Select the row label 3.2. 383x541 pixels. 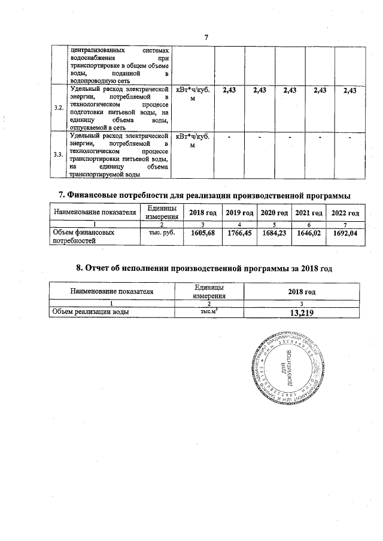pyautogui.click(x=59, y=108)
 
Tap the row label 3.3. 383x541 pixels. pyautogui.click(x=59, y=155)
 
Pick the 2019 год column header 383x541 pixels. pyautogui.click(x=239, y=213)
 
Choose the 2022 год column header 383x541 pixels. pyautogui.click(x=345, y=213)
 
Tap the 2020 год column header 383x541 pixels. pyautogui.click(x=275, y=213)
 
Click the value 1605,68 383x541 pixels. pyautogui.click(x=202, y=234)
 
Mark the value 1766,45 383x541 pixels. pyautogui.click(x=239, y=234)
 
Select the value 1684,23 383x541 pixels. pyautogui.click(x=275, y=234)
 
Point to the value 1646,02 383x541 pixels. pyautogui.click(x=309, y=234)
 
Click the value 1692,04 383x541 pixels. pyautogui.click(x=345, y=234)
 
